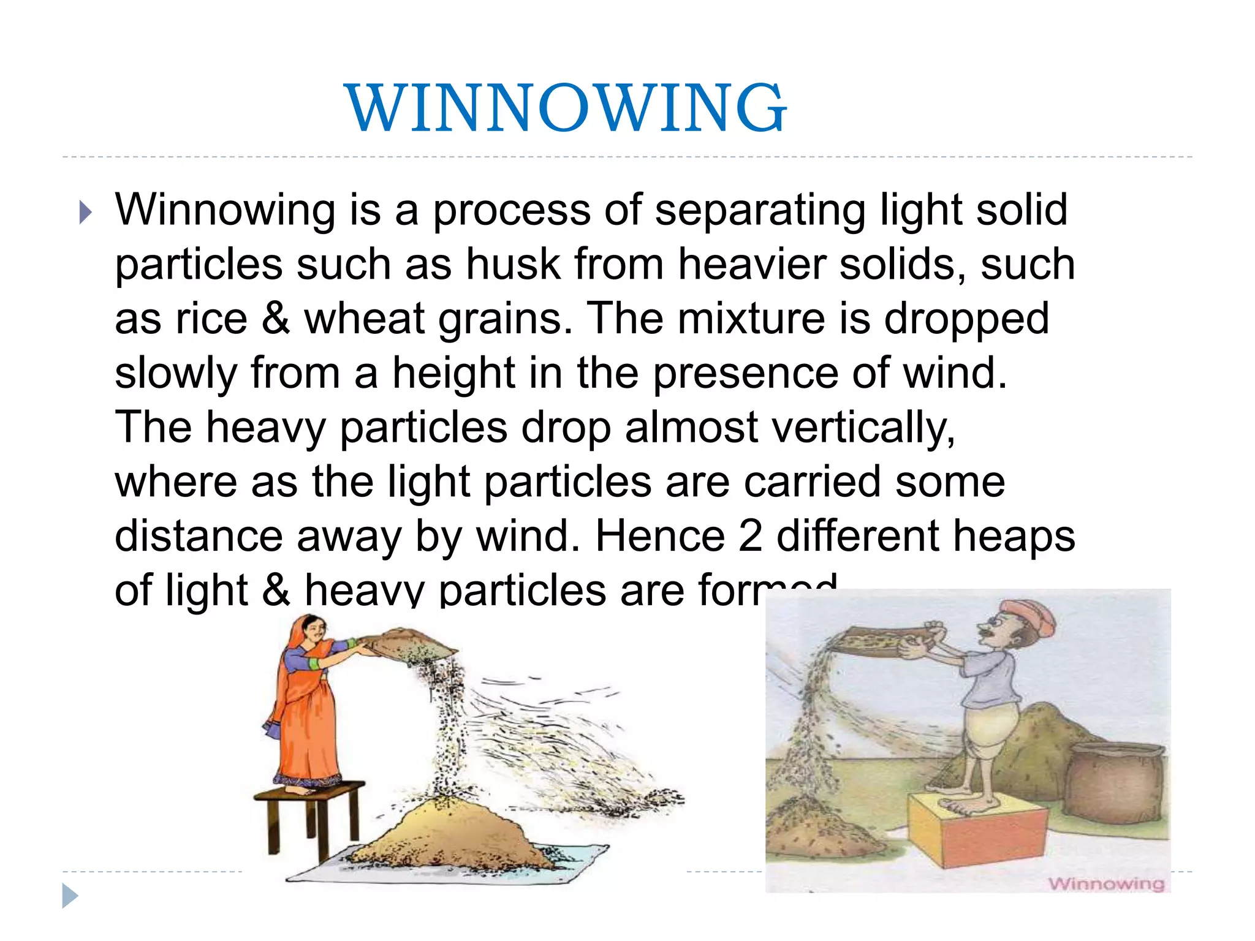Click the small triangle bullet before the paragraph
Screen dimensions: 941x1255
click(86, 213)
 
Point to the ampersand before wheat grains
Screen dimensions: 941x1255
click(276, 319)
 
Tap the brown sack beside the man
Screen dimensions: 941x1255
click(1115, 784)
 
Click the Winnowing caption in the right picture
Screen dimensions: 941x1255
click(1105, 883)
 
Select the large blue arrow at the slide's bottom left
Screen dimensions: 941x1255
click(70, 896)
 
